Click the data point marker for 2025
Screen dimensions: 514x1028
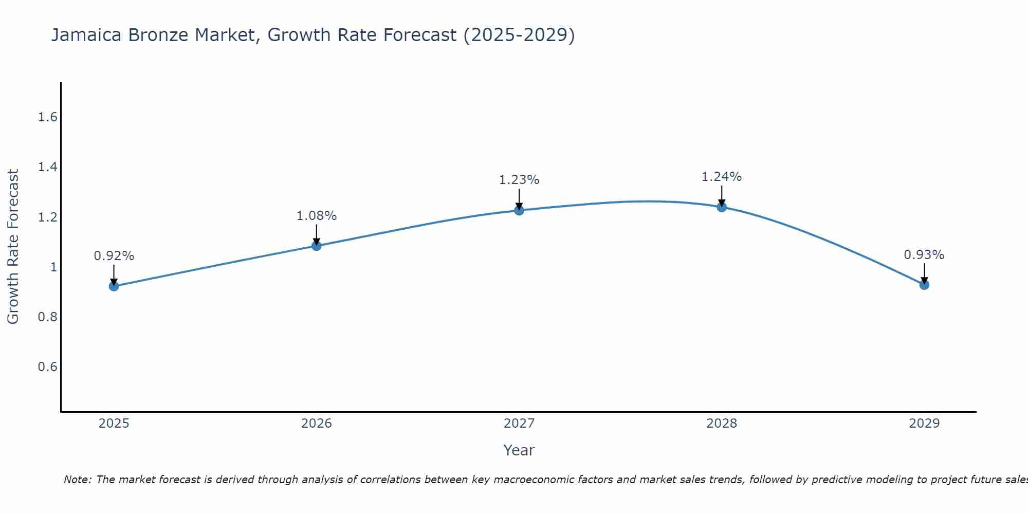tap(114, 286)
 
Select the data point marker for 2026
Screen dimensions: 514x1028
tap(317, 246)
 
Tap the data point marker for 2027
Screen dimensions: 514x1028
tap(519, 210)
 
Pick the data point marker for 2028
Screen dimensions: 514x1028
tap(722, 207)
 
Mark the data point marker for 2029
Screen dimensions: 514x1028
tap(924, 285)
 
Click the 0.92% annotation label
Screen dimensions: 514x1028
tap(114, 256)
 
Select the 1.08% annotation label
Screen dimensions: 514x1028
tap(317, 216)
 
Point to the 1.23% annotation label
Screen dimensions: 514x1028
tap(519, 180)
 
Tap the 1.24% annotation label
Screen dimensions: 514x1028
tap(722, 177)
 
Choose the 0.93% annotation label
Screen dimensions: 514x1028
tap(924, 255)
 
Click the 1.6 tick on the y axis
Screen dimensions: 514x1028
tap(47, 117)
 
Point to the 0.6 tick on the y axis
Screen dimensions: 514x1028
tap(47, 367)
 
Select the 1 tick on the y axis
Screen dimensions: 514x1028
tap(53, 267)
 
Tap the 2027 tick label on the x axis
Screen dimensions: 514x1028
tap(519, 424)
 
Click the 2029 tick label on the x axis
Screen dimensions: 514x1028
tap(924, 424)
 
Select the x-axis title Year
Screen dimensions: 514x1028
tap(519, 450)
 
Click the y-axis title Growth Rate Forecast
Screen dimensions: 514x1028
tap(13, 247)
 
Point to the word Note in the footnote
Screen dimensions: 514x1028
tap(77, 480)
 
